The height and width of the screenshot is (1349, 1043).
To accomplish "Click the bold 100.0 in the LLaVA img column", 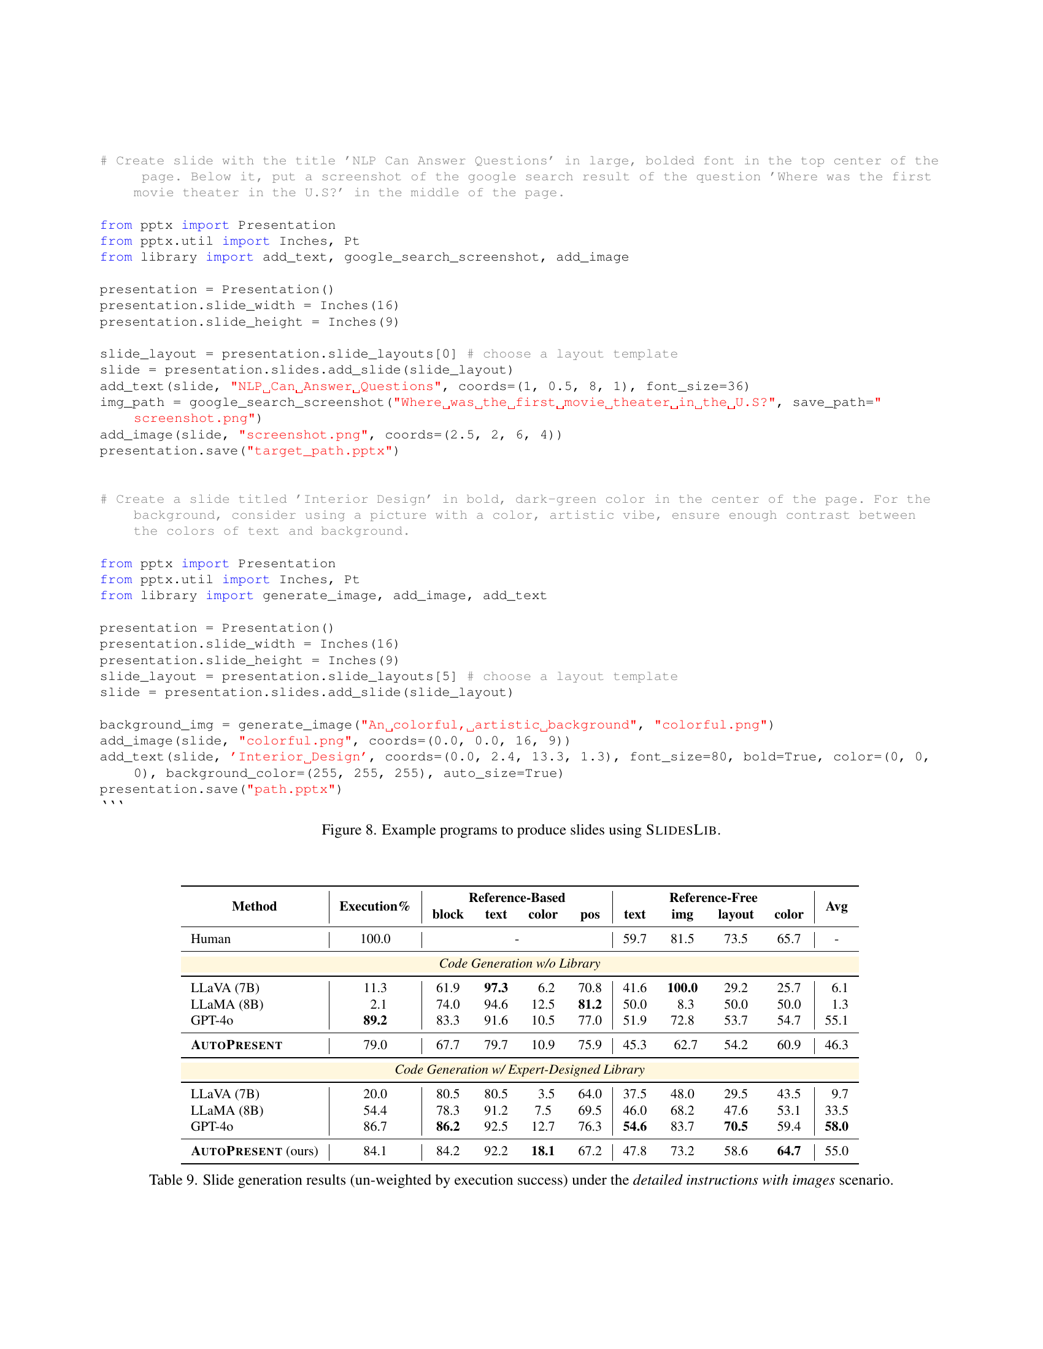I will point(682,988).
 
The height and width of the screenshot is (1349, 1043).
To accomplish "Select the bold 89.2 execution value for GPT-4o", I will point(375,1020).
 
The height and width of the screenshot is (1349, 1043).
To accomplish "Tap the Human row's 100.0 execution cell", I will point(375,938).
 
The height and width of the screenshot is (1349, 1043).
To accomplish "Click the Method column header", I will point(254,906).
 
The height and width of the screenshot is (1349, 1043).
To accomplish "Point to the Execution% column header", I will point(374,906).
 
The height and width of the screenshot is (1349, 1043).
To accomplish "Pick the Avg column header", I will point(836,906).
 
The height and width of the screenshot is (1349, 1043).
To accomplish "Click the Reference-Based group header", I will point(517,897).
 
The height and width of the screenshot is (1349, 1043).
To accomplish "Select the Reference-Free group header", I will point(713,897).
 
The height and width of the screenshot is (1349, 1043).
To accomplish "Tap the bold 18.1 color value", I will point(542,1151).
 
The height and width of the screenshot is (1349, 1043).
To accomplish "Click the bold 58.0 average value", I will point(836,1126).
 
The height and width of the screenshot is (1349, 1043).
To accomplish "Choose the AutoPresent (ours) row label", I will point(254,1151).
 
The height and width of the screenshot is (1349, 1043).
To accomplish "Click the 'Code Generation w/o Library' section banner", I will point(520,963).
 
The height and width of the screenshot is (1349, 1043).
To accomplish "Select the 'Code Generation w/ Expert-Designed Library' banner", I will point(520,1069).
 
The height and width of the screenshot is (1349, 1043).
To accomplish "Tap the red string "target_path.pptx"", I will point(320,451).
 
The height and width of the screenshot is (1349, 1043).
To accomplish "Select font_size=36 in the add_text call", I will point(697,387).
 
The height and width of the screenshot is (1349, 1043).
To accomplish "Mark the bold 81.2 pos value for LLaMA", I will point(590,1004).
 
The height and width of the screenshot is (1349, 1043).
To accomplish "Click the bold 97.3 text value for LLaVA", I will point(496,988).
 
